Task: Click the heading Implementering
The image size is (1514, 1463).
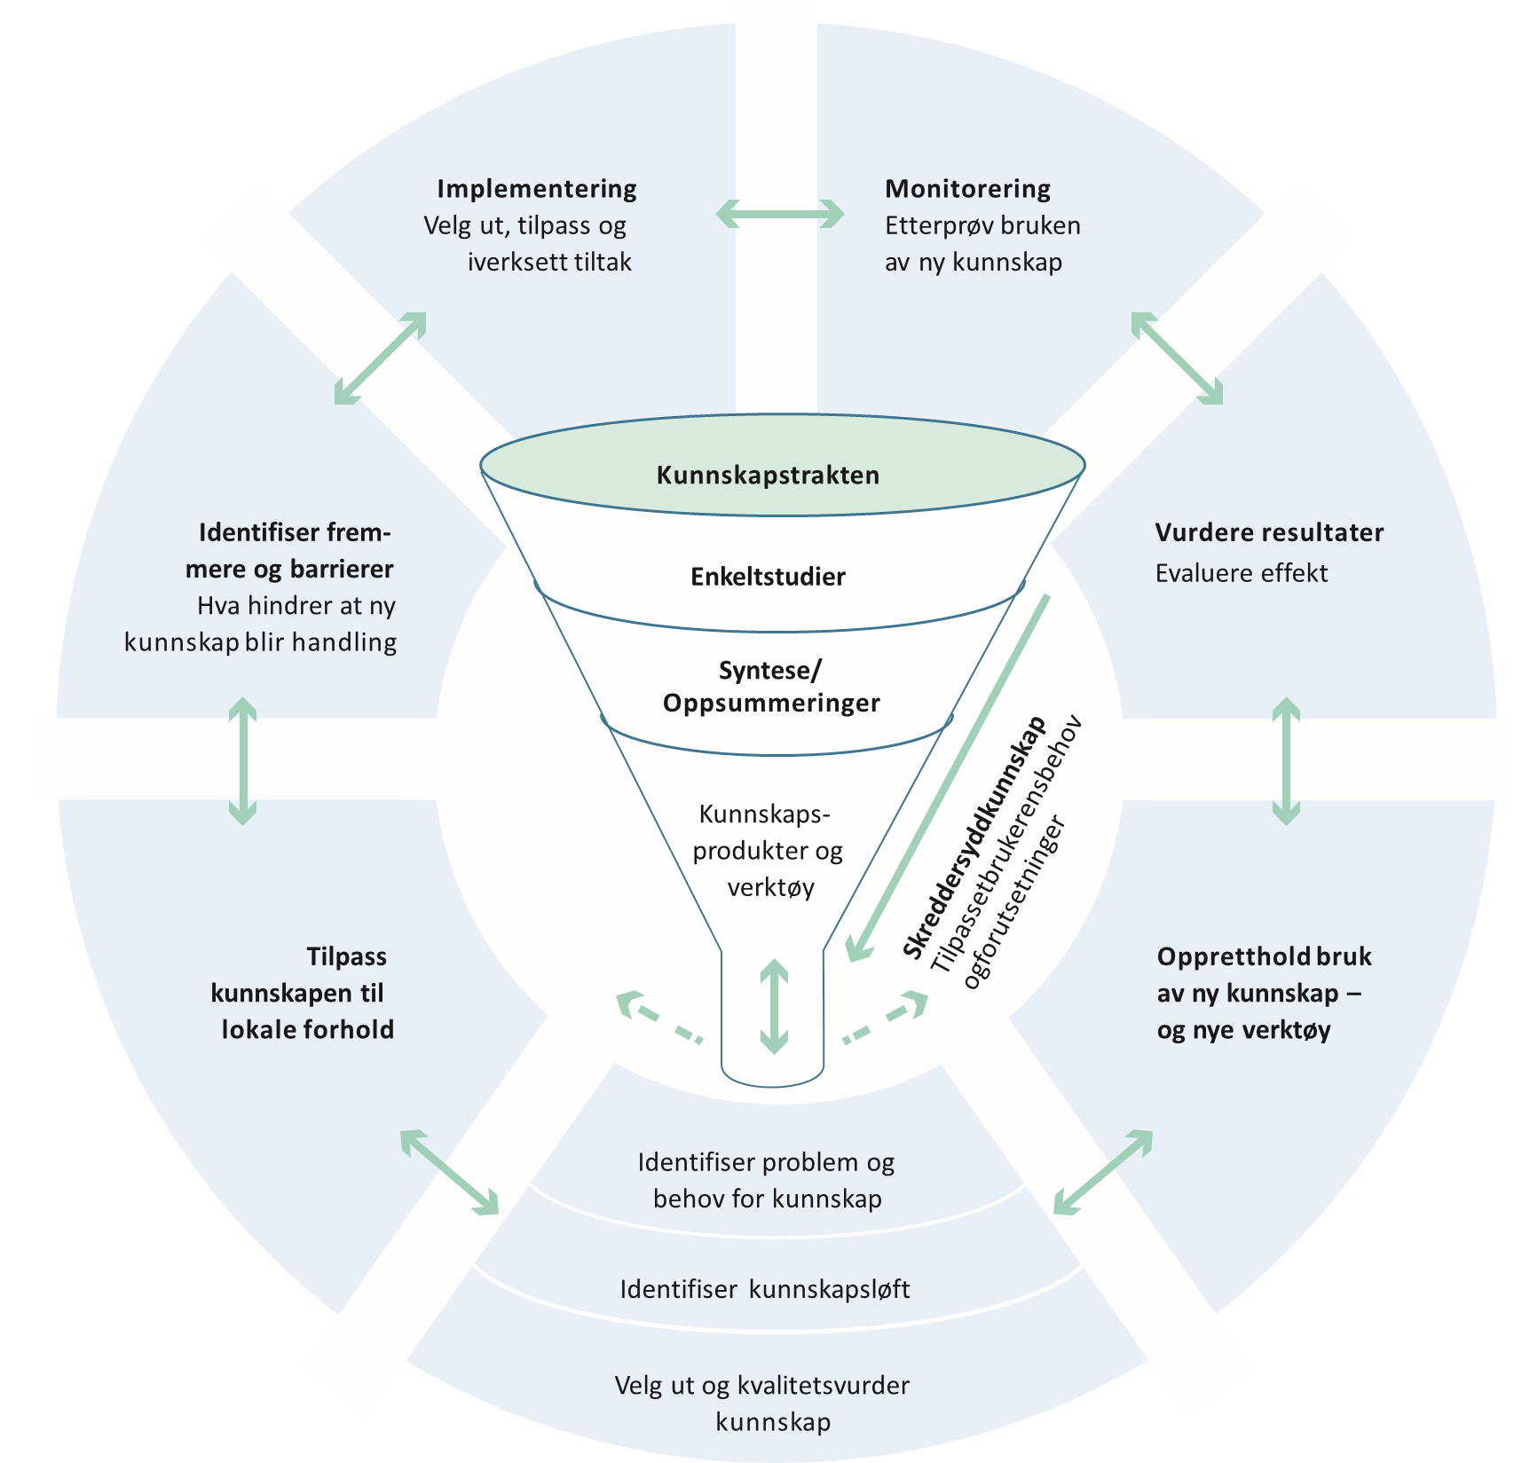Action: tap(537, 189)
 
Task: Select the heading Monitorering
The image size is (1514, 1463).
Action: tap(967, 189)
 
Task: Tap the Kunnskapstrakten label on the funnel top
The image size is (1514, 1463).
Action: tap(768, 476)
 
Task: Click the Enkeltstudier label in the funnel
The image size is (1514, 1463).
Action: tap(768, 577)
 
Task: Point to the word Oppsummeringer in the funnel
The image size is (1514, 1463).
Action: tap(771, 704)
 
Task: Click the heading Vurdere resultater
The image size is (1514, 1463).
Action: tap(1269, 533)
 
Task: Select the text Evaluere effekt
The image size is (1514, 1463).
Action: tap(1241, 574)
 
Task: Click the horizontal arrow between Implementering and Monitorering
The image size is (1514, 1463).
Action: tap(780, 214)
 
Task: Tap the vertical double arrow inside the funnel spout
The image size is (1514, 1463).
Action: tap(774, 1006)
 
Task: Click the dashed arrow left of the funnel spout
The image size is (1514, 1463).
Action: tap(659, 1015)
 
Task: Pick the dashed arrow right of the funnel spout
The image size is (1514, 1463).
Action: tap(886, 1017)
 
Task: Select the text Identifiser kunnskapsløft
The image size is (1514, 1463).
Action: tap(764, 1289)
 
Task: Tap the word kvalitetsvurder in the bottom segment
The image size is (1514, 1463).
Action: tap(822, 1386)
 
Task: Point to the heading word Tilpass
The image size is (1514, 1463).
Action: tap(346, 957)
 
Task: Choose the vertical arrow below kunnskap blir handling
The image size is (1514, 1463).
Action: tap(242, 761)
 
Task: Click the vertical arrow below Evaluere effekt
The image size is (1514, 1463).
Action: tap(1286, 761)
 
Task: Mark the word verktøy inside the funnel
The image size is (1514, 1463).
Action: tap(770, 887)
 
